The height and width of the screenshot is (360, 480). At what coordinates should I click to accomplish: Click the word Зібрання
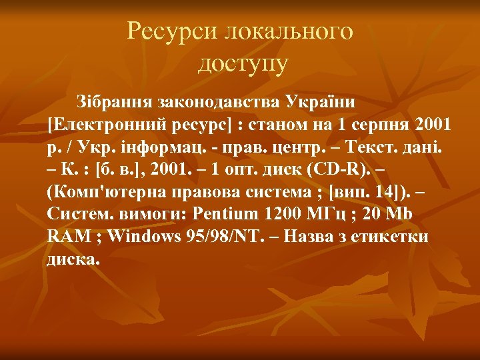click(115, 103)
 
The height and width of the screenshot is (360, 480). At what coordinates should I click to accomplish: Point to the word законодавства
click(219, 103)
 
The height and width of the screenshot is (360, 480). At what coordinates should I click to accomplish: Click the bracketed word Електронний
click(112, 125)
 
